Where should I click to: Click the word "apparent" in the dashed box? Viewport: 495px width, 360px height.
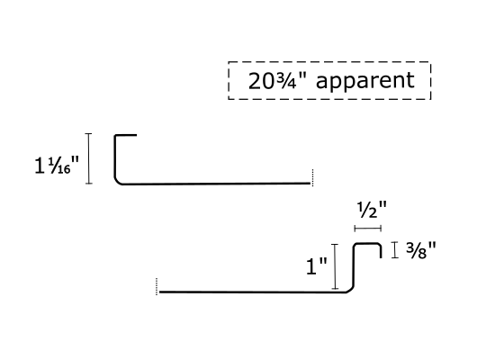pos(364,82)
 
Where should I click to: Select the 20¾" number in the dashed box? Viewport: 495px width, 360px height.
pos(277,81)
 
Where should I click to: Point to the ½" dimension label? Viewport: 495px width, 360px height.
pos(372,211)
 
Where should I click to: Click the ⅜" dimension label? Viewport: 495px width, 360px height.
pos(421,251)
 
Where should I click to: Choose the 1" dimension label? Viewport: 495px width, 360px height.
pos(317,265)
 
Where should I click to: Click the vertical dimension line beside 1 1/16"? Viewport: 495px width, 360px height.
pos(89,158)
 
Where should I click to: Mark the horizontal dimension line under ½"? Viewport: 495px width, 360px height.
pos(368,228)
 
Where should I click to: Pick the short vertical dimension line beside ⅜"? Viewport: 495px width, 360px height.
pos(394,250)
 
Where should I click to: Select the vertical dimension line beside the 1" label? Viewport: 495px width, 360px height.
pos(335,266)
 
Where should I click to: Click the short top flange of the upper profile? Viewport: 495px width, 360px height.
pos(126,135)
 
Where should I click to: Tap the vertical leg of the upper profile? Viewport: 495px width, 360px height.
pos(115,157)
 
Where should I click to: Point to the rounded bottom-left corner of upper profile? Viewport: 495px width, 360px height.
pos(117,181)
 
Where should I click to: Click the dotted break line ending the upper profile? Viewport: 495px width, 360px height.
pos(312,177)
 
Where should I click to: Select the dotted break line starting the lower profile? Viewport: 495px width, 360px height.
pos(157,286)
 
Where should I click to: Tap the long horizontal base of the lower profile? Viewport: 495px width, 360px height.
pos(253,292)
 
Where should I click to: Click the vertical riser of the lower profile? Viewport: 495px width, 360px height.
pos(354,265)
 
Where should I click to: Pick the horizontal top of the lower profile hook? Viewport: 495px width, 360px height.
pos(367,244)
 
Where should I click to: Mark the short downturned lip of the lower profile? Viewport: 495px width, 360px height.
pos(381,252)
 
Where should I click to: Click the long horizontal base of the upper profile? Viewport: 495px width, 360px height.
pos(216,184)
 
